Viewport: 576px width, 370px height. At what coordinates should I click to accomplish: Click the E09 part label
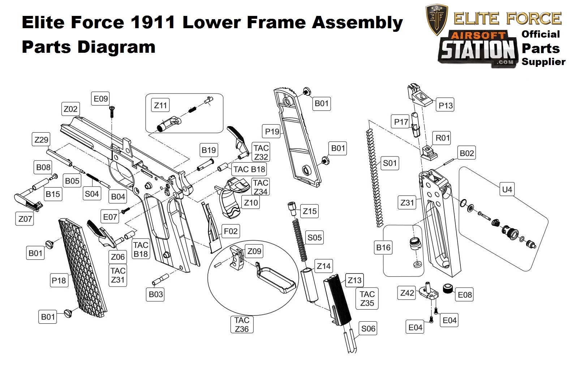[101, 99]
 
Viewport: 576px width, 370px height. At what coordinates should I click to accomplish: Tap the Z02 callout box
[70, 109]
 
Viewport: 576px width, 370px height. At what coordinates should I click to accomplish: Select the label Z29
[41, 139]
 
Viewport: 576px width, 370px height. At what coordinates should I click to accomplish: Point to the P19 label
[272, 132]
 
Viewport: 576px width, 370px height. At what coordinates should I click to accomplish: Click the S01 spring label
[390, 163]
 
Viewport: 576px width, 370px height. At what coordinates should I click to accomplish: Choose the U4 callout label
[507, 189]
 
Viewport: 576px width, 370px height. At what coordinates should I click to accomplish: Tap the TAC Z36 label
[242, 324]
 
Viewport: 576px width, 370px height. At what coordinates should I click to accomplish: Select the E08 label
[465, 295]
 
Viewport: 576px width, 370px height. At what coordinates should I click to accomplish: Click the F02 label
[231, 231]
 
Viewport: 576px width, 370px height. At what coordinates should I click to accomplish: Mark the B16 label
[383, 248]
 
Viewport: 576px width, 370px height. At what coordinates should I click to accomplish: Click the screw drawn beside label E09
[112, 110]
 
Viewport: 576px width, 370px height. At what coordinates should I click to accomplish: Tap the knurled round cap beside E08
[448, 289]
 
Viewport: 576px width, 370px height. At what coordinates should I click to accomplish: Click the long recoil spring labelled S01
[374, 177]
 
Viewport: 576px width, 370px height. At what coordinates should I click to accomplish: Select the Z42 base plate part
[429, 293]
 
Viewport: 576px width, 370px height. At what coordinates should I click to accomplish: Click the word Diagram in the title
[116, 47]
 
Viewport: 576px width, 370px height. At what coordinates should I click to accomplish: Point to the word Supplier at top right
[543, 61]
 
